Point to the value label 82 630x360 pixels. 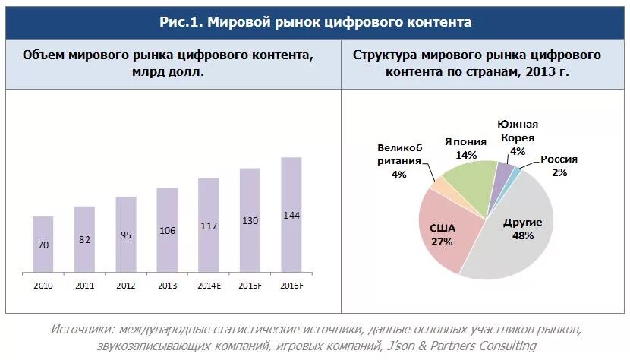(x=84, y=239)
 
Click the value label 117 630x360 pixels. (x=209, y=226)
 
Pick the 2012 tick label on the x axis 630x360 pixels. (x=126, y=286)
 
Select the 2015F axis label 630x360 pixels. (x=250, y=286)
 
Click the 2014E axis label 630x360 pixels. (x=209, y=286)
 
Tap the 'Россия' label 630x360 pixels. (x=559, y=159)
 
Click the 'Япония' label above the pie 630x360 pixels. (x=466, y=141)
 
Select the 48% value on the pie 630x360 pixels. (x=522, y=235)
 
